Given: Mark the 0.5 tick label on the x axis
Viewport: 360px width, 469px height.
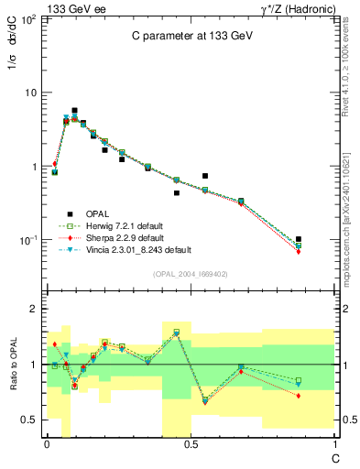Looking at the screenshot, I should click(191, 444).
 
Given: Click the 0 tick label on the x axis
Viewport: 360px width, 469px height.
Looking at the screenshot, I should click(47, 444).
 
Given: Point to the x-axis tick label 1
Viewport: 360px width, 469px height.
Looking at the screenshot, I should click(334, 444).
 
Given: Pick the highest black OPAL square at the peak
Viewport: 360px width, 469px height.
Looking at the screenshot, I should click(74, 110).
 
